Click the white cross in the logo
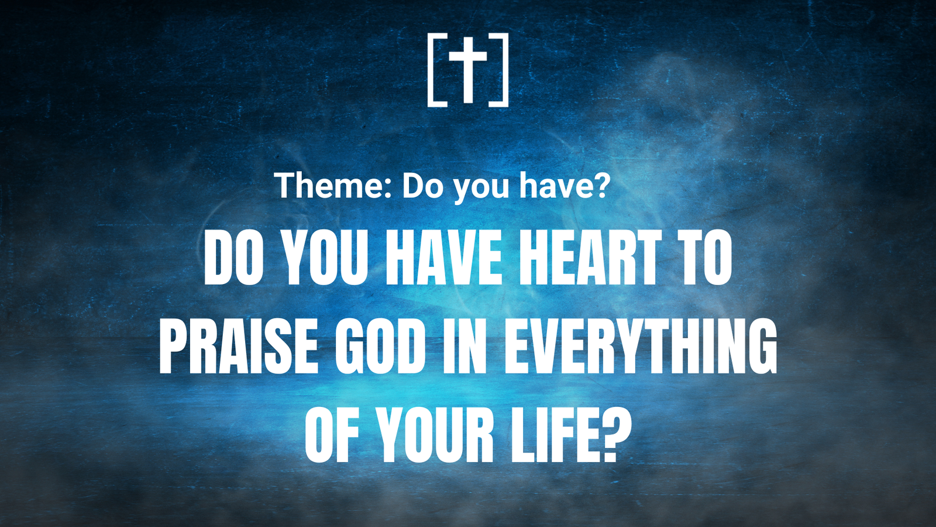tap(468, 70)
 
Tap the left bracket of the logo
tap(431, 70)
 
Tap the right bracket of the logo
tap(505, 70)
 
